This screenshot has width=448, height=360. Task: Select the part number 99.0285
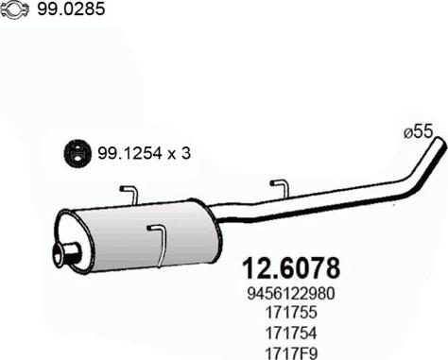(x=71, y=9)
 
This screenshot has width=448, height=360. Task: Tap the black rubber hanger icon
(x=78, y=153)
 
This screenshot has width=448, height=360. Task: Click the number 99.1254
(x=129, y=153)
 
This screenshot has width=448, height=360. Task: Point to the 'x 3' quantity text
(x=179, y=154)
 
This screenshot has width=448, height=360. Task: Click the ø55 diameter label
(x=419, y=132)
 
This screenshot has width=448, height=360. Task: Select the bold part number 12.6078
(x=291, y=268)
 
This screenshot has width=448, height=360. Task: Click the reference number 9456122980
(x=290, y=294)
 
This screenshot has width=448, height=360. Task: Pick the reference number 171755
(x=291, y=313)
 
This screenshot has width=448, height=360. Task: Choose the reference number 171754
(x=291, y=333)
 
